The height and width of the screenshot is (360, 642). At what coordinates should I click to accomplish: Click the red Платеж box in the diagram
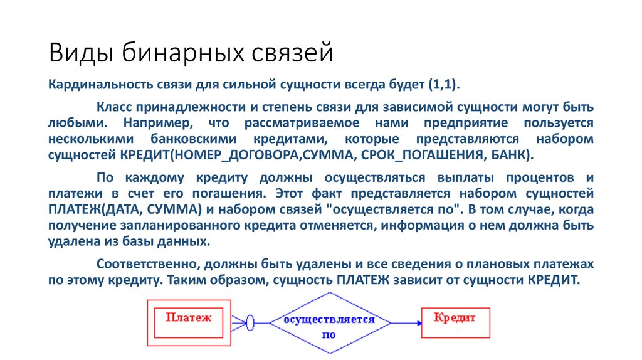pos(189,322)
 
